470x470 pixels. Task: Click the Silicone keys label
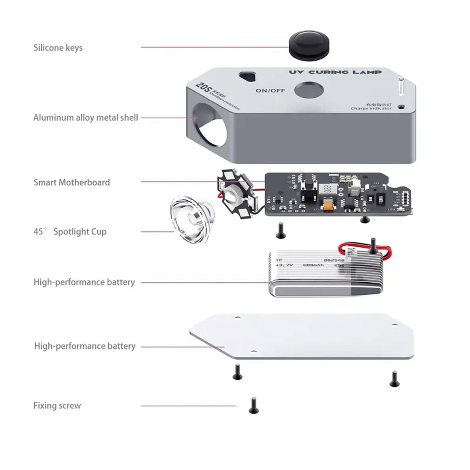point(58,48)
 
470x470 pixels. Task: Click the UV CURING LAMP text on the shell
point(335,73)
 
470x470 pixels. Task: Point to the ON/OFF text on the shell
point(270,90)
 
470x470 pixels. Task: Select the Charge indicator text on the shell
point(371,108)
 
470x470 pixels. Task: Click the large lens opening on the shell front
point(210,124)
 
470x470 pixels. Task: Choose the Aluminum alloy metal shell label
point(85,117)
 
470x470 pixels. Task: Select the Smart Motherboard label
point(72,182)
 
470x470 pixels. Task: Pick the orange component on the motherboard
point(330,206)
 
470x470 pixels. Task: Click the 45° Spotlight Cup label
point(70,231)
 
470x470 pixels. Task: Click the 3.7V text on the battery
point(285,265)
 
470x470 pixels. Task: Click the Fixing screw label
point(57,406)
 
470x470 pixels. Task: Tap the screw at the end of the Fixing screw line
point(252,405)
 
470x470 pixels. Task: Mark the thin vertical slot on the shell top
point(400,88)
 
